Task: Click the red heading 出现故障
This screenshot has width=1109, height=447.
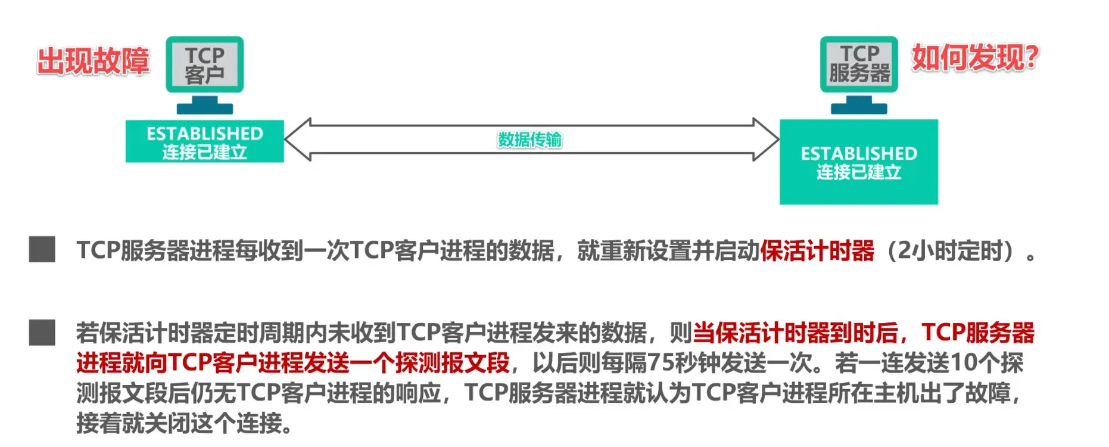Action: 93,61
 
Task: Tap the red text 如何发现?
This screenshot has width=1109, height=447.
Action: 975,58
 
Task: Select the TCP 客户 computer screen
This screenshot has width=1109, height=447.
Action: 204,64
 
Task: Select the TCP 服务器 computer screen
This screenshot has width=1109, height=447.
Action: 859,64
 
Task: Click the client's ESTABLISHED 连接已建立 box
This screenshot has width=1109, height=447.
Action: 204,141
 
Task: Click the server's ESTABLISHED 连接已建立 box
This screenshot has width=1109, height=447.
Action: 858,162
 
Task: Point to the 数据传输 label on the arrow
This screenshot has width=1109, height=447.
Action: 529,139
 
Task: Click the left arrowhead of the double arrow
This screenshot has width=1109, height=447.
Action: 298,139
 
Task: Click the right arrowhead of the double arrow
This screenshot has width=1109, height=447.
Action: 767,139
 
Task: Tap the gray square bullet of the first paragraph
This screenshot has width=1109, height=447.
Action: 42,249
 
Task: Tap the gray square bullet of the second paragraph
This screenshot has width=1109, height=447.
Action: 42,333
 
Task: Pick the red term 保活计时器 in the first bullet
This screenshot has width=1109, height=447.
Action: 817,251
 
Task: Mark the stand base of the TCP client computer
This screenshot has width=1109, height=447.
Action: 204,108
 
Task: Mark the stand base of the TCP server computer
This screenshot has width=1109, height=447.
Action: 859,108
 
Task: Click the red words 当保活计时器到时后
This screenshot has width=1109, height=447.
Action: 795,333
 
